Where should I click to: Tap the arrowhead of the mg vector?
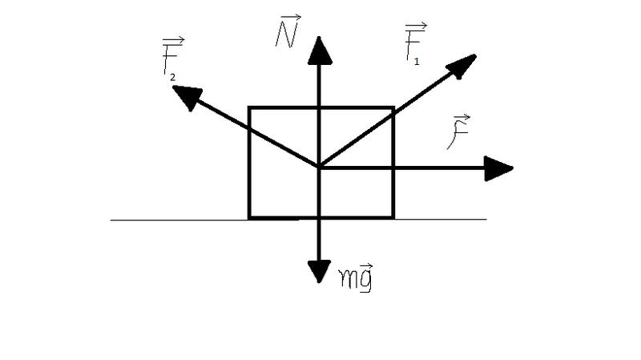click(x=319, y=271)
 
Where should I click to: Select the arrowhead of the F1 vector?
click(x=462, y=66)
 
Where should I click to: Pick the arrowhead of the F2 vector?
click(x=187, y=97)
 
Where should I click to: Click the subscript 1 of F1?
click(x=417, y=62)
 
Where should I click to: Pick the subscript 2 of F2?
click(x=173, y=77)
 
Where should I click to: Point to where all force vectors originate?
click(x=319, y=168)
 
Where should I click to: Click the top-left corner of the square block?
click(x=249, y=108)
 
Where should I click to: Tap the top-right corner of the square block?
click(x=393, y=108)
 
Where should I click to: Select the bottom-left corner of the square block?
click(x=249, y=217)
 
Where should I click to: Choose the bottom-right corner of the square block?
click(x=393, y=217)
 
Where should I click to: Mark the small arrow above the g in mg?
click(x=366, y=267)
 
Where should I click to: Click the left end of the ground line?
click(x=111, y=220)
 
